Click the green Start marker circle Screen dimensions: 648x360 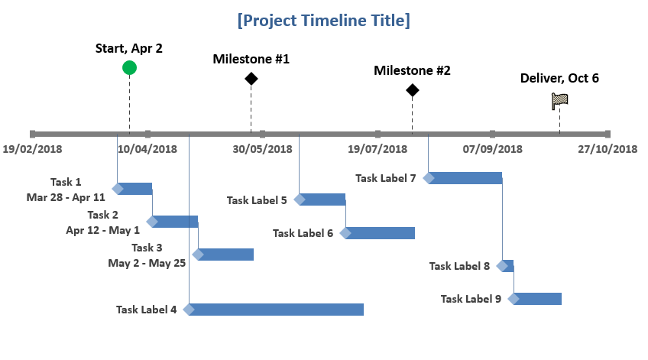click(x=129, y=68)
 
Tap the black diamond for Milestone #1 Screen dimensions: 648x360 click(x=251, y=79)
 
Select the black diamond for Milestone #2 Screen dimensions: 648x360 click(x=412, y=90)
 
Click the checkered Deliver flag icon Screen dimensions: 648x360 click(x=559, y=101)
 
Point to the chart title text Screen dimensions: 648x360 click(x=323, y=20)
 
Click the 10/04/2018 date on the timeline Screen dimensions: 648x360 click(x=147, y=149)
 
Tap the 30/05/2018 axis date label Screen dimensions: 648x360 click(x=262, y=149)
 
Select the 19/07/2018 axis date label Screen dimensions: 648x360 click(x=377, y=149)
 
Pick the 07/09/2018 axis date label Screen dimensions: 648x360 click(x=492, y=149)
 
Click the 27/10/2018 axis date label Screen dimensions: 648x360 click(x=607, y=149)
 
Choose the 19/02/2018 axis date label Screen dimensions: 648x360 click(x=32, y=149)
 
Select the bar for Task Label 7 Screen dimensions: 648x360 click(x=462, y=178)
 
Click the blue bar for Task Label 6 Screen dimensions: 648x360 click(x=377, y=233)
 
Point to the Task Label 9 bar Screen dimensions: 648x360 click(x=535, y=299)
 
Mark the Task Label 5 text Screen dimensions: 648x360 click(x=257, y=200)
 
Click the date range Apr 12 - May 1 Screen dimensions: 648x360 click(x=103, y=230)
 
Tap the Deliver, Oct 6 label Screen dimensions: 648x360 click(x=559, y=78)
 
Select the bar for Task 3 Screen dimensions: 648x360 click(x=223, y=255)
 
